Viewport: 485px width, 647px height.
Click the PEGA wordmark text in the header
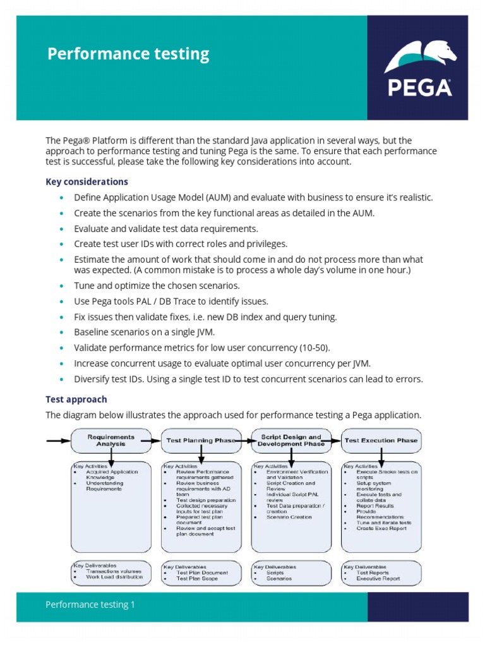419,87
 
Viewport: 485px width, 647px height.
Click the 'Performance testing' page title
128,54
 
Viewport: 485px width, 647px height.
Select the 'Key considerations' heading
87,182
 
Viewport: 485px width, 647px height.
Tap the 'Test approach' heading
76,399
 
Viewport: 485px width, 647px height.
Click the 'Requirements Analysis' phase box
111,440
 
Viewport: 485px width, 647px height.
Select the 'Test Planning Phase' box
200,440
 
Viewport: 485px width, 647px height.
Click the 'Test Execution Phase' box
381,440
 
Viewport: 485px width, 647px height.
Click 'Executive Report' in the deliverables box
378,578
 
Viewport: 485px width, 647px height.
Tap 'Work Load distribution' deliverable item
114,576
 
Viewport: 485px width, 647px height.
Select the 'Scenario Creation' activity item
289,517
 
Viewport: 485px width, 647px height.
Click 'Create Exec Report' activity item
381,528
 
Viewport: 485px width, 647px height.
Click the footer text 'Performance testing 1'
90,605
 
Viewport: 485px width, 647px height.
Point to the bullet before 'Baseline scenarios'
61,333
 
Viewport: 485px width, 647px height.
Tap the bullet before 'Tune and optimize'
61,286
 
